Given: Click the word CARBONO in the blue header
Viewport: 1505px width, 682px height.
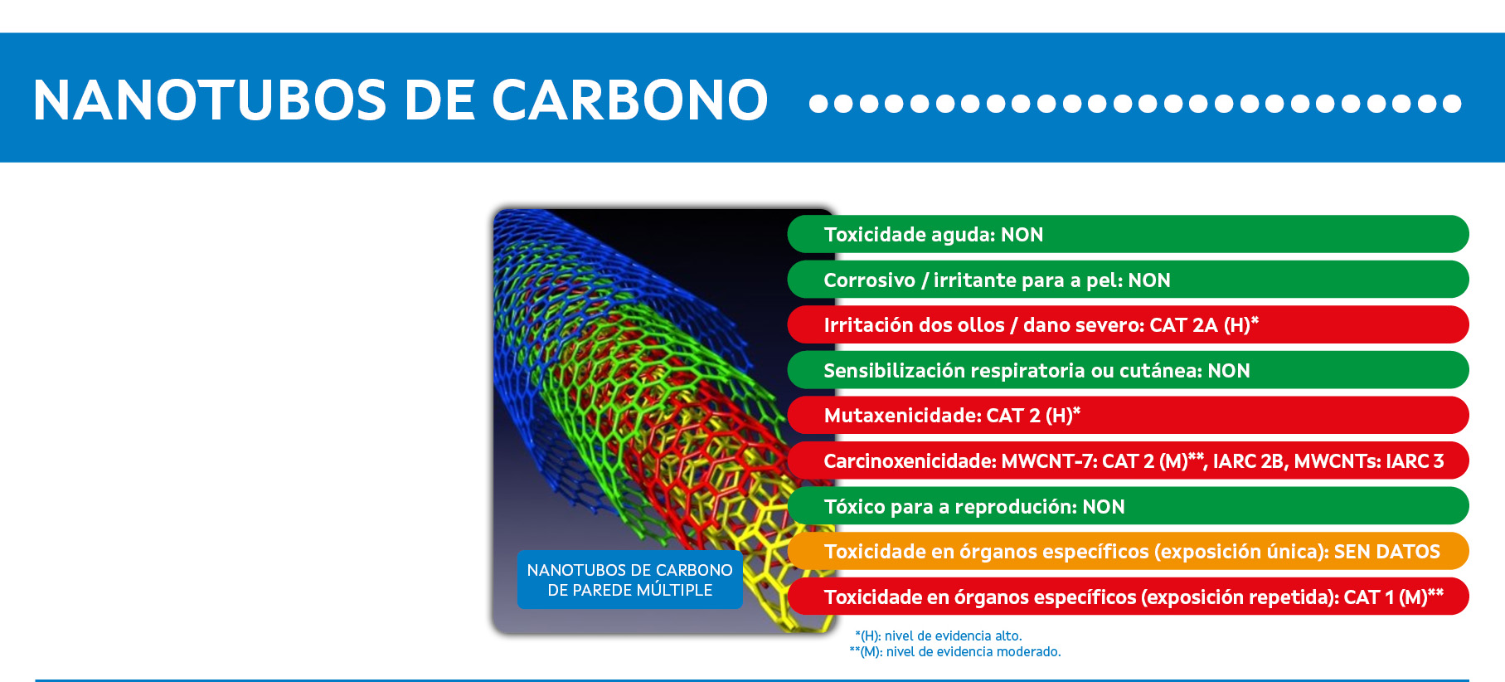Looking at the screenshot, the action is (x=630, y=100).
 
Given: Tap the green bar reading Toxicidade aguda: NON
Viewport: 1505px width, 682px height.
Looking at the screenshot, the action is (x=1128, y=234).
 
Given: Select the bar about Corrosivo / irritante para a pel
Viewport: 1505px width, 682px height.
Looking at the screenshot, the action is (x=1128, y=280).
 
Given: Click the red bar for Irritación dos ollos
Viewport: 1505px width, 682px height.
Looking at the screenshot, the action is (x=1128, y=324).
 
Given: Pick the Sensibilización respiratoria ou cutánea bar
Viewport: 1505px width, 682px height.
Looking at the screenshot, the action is (x=1128, y=370).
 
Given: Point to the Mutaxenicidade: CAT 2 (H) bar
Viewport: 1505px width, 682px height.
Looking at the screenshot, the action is (x=1128, y=415).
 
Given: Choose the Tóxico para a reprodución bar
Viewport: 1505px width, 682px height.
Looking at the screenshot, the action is (x=1128, y=506).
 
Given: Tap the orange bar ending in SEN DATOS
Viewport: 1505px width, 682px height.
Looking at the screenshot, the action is (x=1128, y=551).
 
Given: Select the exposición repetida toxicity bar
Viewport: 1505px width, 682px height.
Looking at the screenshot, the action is (x=1128, y=597).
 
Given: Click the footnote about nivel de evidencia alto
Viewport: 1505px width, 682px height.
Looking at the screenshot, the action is (x=939, y=636).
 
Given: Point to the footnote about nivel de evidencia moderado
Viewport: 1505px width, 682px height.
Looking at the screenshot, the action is (x=955, y=652).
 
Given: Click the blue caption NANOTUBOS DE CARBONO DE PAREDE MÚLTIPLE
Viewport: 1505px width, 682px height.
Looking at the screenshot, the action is (x=630, y=580).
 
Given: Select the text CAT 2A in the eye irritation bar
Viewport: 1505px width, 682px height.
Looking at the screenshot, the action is (x=1183, y=325).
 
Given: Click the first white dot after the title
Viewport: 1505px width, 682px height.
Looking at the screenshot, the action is (x=818, y=103).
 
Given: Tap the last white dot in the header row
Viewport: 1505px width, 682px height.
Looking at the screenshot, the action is (x=1452, y=103).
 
